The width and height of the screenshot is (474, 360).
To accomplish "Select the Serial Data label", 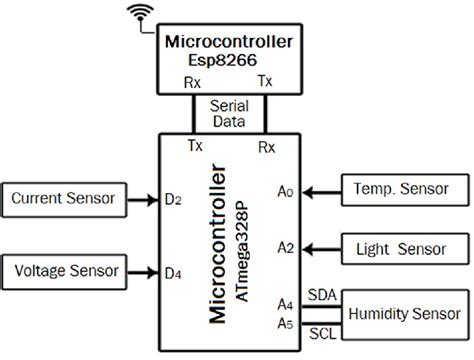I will pos(227,112).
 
